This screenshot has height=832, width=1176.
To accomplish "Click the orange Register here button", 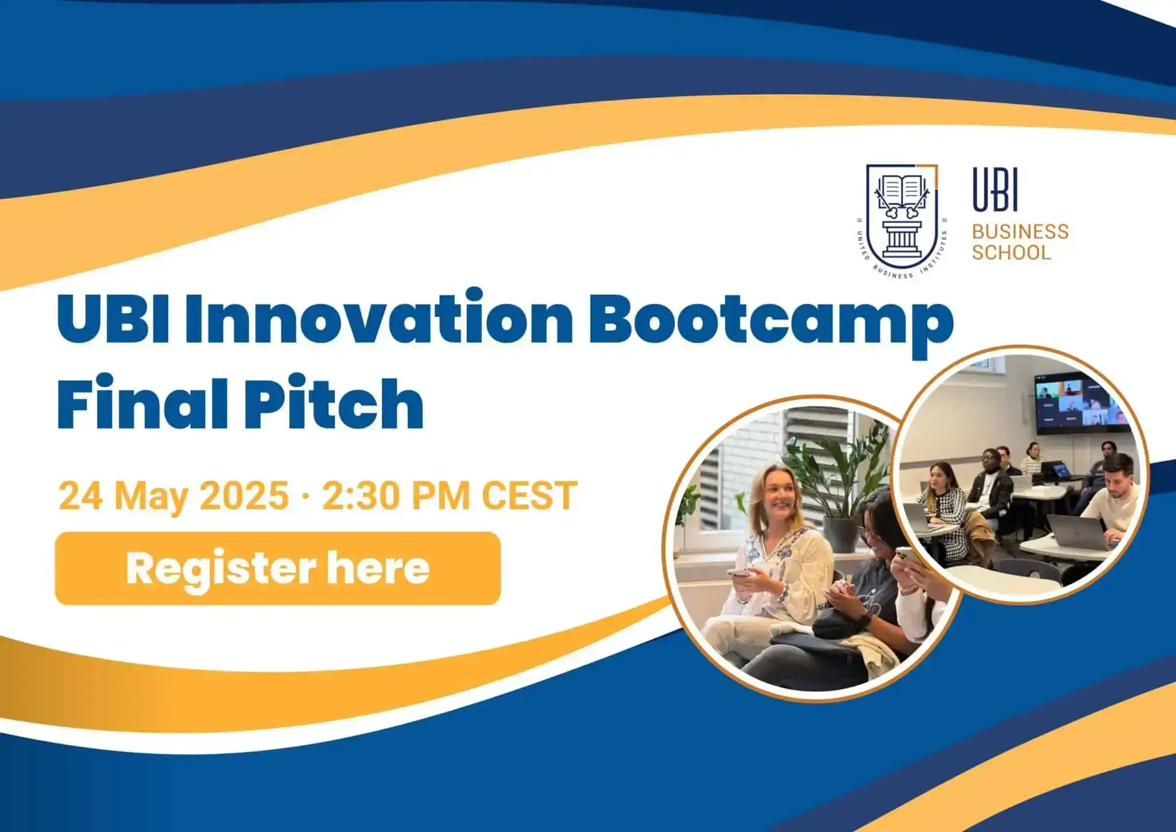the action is (277, 568).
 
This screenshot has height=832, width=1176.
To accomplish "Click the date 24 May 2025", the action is (173, 495).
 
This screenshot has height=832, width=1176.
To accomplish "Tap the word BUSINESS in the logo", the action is (1020, 232).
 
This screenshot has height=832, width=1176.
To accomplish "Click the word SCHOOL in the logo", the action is (1011, 252).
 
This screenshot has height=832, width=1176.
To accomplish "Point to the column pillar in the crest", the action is (903, 237).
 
